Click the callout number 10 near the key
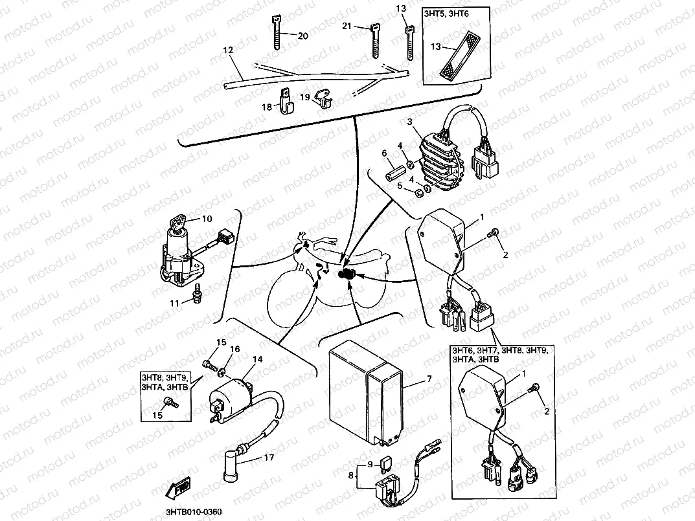pyautogui.click(x=207, y=219)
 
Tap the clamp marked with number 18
pyautogui.click(x=284, y=103)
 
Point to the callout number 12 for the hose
pyautogui.click(x=227, y=50)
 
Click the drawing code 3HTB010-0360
pyautogui.click(x=185, y=513)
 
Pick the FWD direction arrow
pyautogui.click(x=179, y=492)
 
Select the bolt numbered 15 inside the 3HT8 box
pyautogui.click(x=172, y=403)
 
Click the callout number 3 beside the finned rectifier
pyautogui.click(x=409, y=121)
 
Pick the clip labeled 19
pyautogui.click(x=322, y=98)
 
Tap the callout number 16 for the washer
pyautogui.click(x=234, y=349)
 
